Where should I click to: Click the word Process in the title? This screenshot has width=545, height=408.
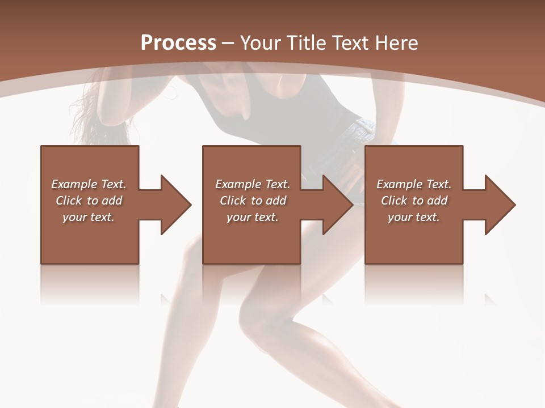(x=178, y=42)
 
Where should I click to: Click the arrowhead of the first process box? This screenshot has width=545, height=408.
(x=176, y=205)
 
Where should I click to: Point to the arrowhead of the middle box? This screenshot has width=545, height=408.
(x=338, y=205)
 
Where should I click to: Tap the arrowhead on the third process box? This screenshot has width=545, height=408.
(x=500, y=205)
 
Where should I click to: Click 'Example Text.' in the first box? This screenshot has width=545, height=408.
(x=89, y=184)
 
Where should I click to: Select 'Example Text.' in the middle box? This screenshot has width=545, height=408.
(x=252, y=184)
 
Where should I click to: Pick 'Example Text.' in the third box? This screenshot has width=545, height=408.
(x=414, y=184)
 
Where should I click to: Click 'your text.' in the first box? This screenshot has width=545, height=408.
(x=89, y=217)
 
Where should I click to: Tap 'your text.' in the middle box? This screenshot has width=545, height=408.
(x=252, y=217)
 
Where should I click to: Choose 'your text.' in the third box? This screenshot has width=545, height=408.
(x=414, y=217)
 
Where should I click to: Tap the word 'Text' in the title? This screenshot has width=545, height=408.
(x=349, y=42)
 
